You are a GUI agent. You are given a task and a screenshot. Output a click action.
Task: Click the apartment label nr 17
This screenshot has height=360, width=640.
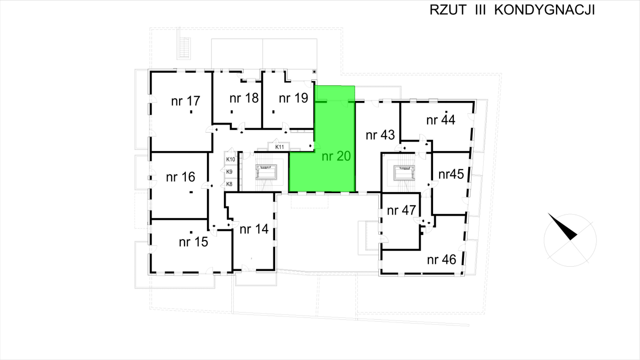[185, 101]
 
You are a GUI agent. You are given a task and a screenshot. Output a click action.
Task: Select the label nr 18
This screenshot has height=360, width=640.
[244, 98]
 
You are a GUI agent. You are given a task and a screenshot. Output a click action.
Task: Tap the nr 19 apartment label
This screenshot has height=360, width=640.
[293, 98]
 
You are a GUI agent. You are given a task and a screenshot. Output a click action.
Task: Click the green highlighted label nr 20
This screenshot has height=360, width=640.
[336, 156]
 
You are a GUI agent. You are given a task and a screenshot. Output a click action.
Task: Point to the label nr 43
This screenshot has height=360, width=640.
[380, 135]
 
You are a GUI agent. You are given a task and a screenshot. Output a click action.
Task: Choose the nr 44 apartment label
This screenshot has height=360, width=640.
[441, 120]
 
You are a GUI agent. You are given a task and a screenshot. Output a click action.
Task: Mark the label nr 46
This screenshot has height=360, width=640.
[441, 259]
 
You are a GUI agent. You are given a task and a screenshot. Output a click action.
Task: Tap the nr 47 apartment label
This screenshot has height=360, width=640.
[401, 210]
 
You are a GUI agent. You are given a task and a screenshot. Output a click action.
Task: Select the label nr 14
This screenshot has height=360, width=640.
[254, 229]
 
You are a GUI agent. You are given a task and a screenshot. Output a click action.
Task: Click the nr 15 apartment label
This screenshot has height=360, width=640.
[193, 242]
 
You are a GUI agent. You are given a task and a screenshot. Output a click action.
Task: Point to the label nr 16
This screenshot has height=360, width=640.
[180, 177]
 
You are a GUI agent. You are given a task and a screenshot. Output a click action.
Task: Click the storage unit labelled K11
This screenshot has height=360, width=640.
[279, 147]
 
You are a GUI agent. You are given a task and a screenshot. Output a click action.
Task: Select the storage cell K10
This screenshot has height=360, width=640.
[230, 159]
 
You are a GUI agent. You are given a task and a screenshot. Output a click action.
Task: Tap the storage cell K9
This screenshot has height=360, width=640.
[229, 172]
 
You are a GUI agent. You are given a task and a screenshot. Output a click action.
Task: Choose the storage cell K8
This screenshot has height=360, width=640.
[229, 184]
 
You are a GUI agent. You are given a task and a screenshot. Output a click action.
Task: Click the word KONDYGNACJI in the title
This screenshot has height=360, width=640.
[544, 10]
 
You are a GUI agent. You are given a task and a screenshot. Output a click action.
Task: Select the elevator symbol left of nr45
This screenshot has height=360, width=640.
[404, 172]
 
